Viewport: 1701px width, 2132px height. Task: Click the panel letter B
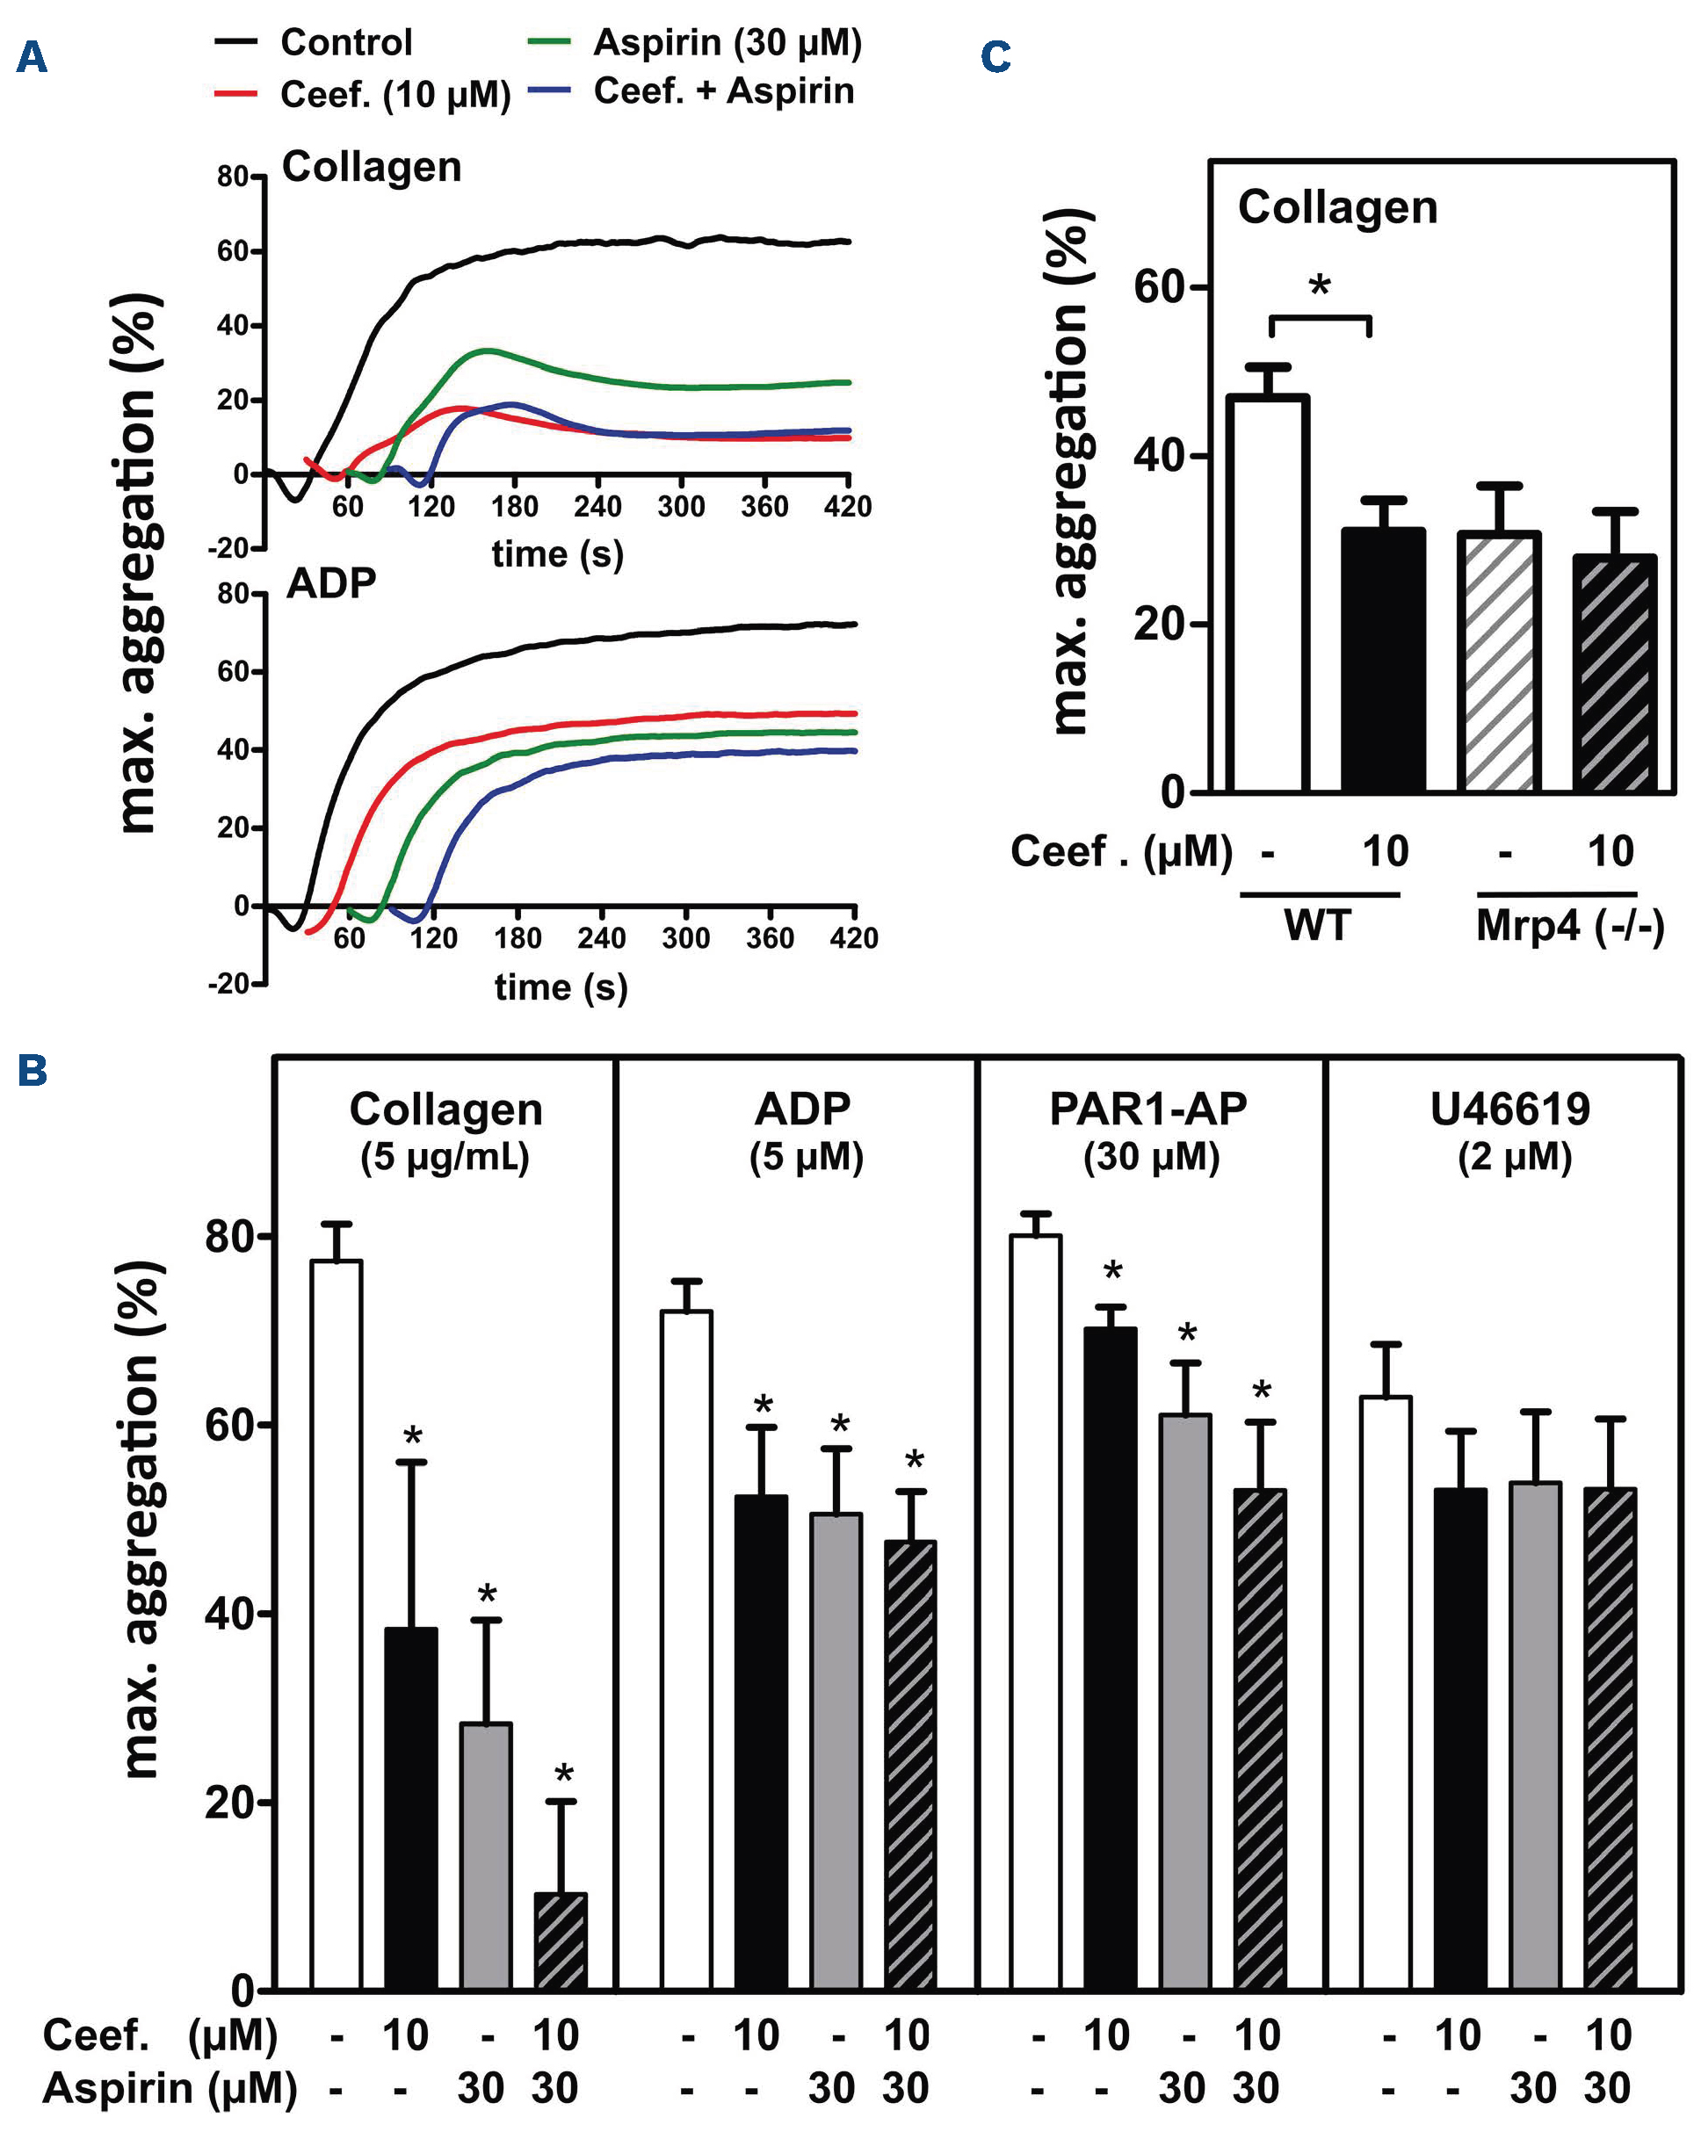pyautogui.click(x=32, y=1070)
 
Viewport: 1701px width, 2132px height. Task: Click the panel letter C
pyautogui.click(x=995, y=57)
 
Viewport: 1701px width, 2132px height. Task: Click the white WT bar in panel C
pyautogui.click(x=1268, y=593)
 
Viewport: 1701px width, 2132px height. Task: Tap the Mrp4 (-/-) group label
pyautogui.click(x=1569, y=927)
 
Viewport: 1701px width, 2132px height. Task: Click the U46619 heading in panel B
pyautogui.click(x=1510, y=1109)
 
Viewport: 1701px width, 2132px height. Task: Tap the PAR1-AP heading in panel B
pyautogui.click(x=1148, y=1109)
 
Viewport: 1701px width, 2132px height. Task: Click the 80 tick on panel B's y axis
pyautogui.click(x=229, y=1236)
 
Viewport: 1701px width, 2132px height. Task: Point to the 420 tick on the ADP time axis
pyautogui.click(x=853, y=936)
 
